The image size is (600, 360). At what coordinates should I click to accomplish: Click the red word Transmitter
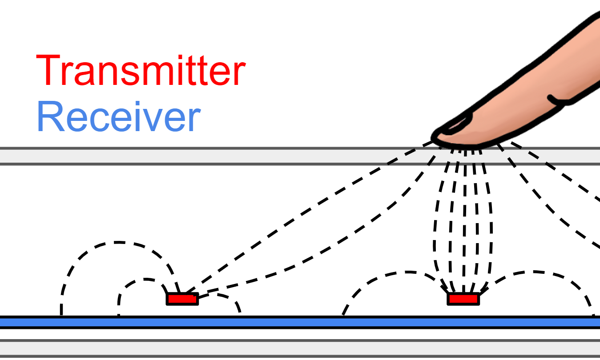pos(141,71)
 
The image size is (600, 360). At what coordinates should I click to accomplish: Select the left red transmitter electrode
pos(182,299)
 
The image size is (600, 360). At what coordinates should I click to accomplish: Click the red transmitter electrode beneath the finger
pos(463,299)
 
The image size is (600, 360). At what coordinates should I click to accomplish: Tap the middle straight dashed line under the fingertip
pos(464,222)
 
